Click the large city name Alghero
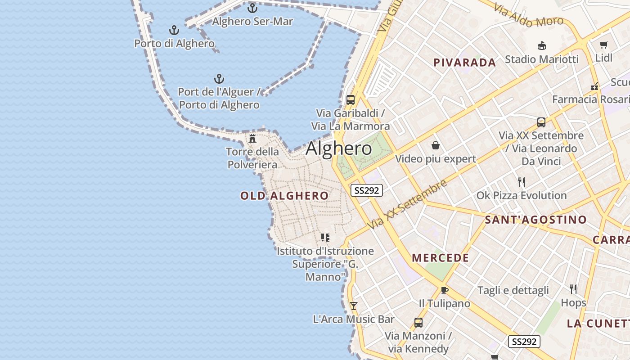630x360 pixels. (x=339, y=148)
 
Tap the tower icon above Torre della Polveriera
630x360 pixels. (x=252, y=138)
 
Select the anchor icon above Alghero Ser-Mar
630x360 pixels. (x=252, y=8)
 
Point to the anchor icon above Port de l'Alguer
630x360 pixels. (x=219, y=79)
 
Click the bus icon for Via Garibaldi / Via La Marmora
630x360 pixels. (x=351, y=100)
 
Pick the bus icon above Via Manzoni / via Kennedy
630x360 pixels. (x=418, y=322)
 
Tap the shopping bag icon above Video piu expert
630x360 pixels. (x=436, y=145)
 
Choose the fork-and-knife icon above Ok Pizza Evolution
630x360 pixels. (x=522, y=182)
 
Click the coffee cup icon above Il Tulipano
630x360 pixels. (x=445, y=290)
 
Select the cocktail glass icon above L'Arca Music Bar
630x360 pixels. (x=354, y=306)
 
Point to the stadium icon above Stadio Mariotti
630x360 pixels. (x=542, y=46)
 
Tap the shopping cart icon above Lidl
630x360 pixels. (x=603, y=45)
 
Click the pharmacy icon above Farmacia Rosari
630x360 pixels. (x=594, y=86)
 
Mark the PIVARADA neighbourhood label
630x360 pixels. (x=465, y=63)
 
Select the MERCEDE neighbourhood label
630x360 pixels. (x=441, y=258)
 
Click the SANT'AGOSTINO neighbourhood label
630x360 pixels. (x=535, y=220)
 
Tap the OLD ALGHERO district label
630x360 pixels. (x=284, y=196)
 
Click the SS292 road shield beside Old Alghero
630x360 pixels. (x=367, y=190)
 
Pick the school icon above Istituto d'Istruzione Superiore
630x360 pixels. (x=325, y=237)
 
